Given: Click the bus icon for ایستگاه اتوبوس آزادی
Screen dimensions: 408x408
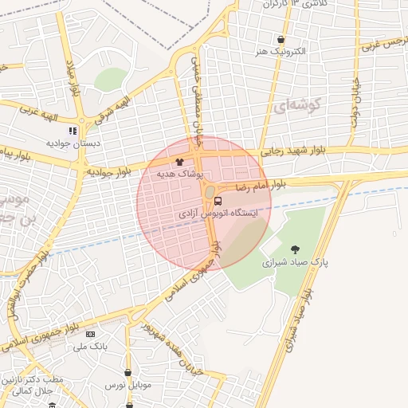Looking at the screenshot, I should (x=218, y=201).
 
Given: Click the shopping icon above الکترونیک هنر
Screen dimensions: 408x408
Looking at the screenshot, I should (x=280, y=40).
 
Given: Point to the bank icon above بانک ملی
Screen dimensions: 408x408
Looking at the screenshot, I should (x=90, y=335).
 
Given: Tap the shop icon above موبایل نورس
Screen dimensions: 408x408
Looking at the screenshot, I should (x=128, y=372).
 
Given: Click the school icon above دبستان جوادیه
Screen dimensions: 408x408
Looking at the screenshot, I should (x=73, y=131).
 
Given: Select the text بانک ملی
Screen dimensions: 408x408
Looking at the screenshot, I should (x=89, y=347).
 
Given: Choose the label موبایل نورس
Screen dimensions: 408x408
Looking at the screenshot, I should (x=127, y=385).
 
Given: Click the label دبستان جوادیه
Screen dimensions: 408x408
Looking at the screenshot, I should (x=73, y=143).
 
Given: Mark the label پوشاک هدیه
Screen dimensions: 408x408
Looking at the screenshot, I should (x=181, y=173).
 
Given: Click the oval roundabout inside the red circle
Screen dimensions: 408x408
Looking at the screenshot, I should (x=210, y=192).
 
